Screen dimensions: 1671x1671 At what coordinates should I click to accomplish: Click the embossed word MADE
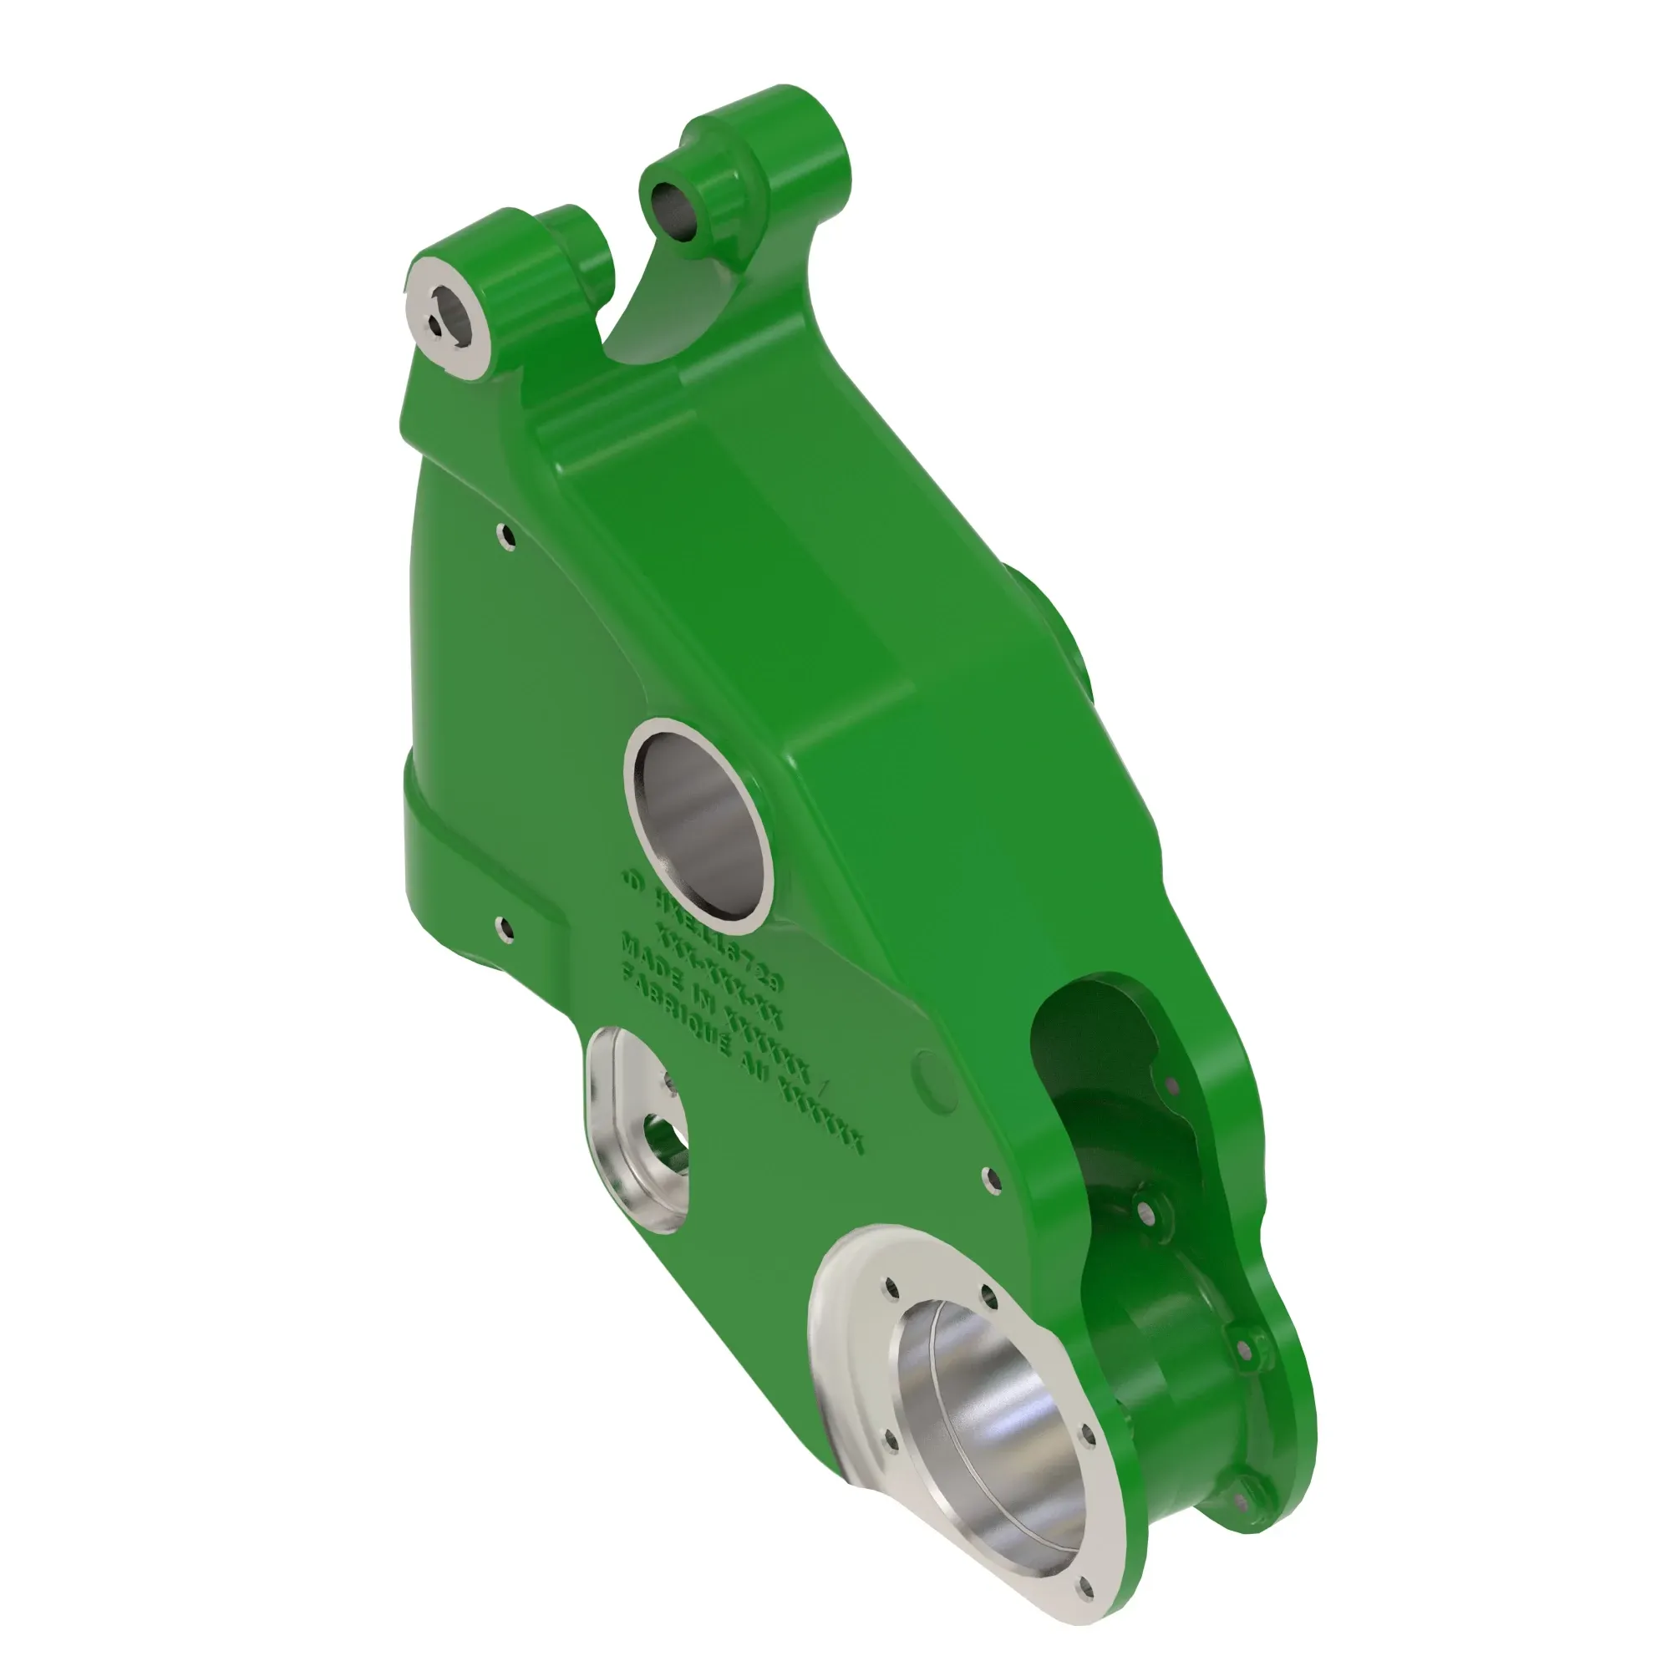(653, 957)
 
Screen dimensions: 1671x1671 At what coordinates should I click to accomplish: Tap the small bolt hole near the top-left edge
(506, 536)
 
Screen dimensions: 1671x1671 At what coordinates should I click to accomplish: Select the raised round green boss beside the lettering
(936, 1081)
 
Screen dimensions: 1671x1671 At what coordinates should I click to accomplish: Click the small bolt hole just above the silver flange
(992, 1177)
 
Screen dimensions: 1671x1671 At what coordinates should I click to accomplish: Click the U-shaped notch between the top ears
(636, 320)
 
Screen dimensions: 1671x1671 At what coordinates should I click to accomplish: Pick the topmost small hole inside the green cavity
(1173, 1084)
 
